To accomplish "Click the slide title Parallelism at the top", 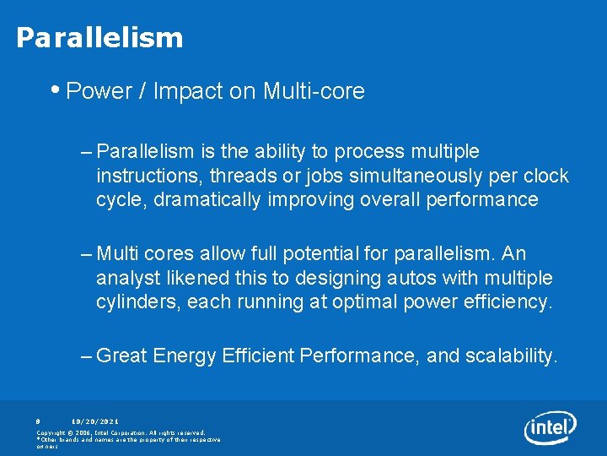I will (99, 38).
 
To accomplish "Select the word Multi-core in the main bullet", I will (314, 91).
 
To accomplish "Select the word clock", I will (547, 176).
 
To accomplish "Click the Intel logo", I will (550, 429).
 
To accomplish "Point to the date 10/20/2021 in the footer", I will (95, 421).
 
